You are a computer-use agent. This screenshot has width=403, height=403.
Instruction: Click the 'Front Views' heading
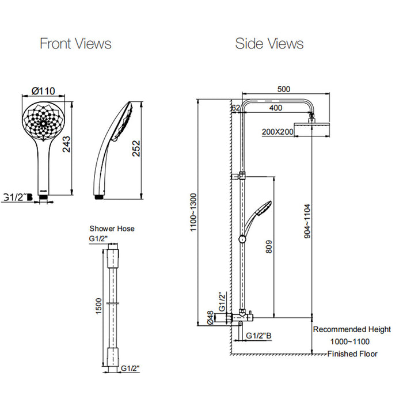[x=75, y=43]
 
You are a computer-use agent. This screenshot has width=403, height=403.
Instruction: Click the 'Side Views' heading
[x=269, y=43]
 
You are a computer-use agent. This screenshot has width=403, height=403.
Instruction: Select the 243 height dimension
[x=67, y=148]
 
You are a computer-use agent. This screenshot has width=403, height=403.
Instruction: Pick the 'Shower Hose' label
[x=112, y=229]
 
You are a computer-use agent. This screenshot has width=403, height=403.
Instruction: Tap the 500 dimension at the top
[x=283, y=89]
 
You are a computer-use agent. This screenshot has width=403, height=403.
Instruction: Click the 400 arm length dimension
[x=276, y=108]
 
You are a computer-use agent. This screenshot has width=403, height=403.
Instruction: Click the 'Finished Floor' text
[x=352, y=354]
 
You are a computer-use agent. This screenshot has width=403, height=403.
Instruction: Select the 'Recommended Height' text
[x=347, y=329]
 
